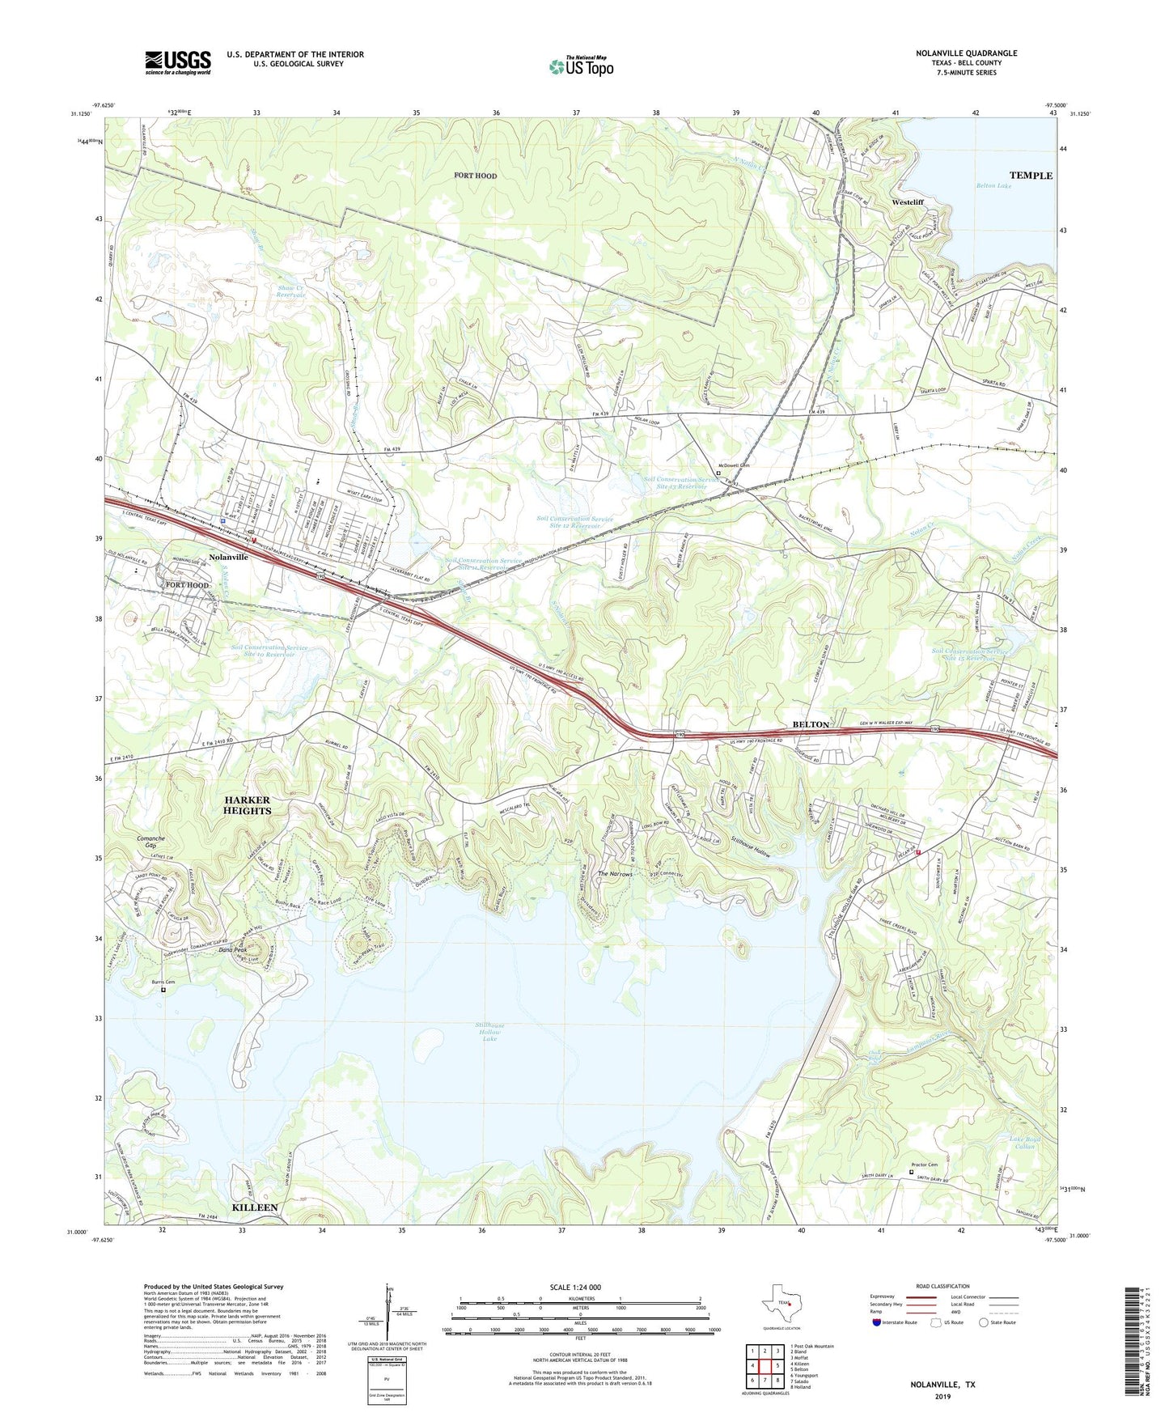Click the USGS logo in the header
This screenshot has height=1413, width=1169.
[177, 62]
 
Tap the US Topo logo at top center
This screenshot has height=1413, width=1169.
[581, 66]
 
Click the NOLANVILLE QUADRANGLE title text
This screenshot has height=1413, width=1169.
[966, 53]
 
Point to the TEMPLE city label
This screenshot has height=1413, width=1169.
[1030, 176]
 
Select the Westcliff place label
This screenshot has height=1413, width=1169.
[907, 202]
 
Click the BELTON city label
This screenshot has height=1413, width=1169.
[810, 724]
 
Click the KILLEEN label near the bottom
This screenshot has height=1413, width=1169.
[255, 1207]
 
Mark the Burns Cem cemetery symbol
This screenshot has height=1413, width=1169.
[163, 989]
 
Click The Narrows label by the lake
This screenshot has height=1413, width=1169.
[614, 874]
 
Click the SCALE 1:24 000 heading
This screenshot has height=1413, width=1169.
[575, 1288]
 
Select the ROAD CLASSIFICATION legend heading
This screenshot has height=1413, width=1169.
[943, 1286]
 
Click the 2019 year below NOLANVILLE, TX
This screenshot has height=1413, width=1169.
[942, 1397]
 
